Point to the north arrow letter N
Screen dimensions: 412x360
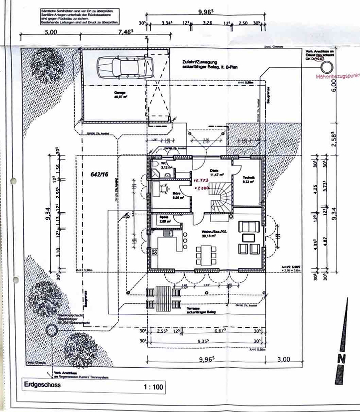click(341, 358)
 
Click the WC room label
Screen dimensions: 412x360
click(165, 165)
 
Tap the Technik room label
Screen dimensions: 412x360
click(248, 180)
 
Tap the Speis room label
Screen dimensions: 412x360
click(164, 218)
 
